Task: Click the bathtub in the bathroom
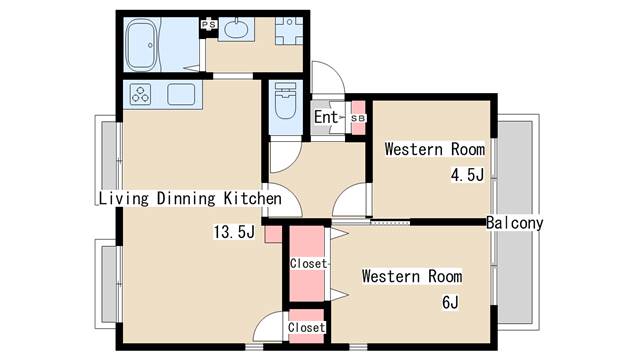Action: click(142, 45)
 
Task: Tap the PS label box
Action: click(209, 24)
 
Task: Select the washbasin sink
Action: click(236, 29)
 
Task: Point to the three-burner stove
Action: click(140, 94)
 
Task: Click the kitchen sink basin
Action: click(181, 94)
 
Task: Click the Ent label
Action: click(326, 117)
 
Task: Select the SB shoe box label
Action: click(358, 118)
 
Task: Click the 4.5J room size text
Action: click(467, 175)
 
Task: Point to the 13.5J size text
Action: click(234, 232)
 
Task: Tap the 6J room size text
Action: click(450, 302)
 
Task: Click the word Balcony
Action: click(514, 223)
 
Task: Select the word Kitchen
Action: click(253, 198)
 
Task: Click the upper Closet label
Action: click(309, 264)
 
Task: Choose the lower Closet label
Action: click(307, 327)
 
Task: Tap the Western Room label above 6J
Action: click(412, 276)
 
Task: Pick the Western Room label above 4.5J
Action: click(435, 149)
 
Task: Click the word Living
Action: click(124, 198)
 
